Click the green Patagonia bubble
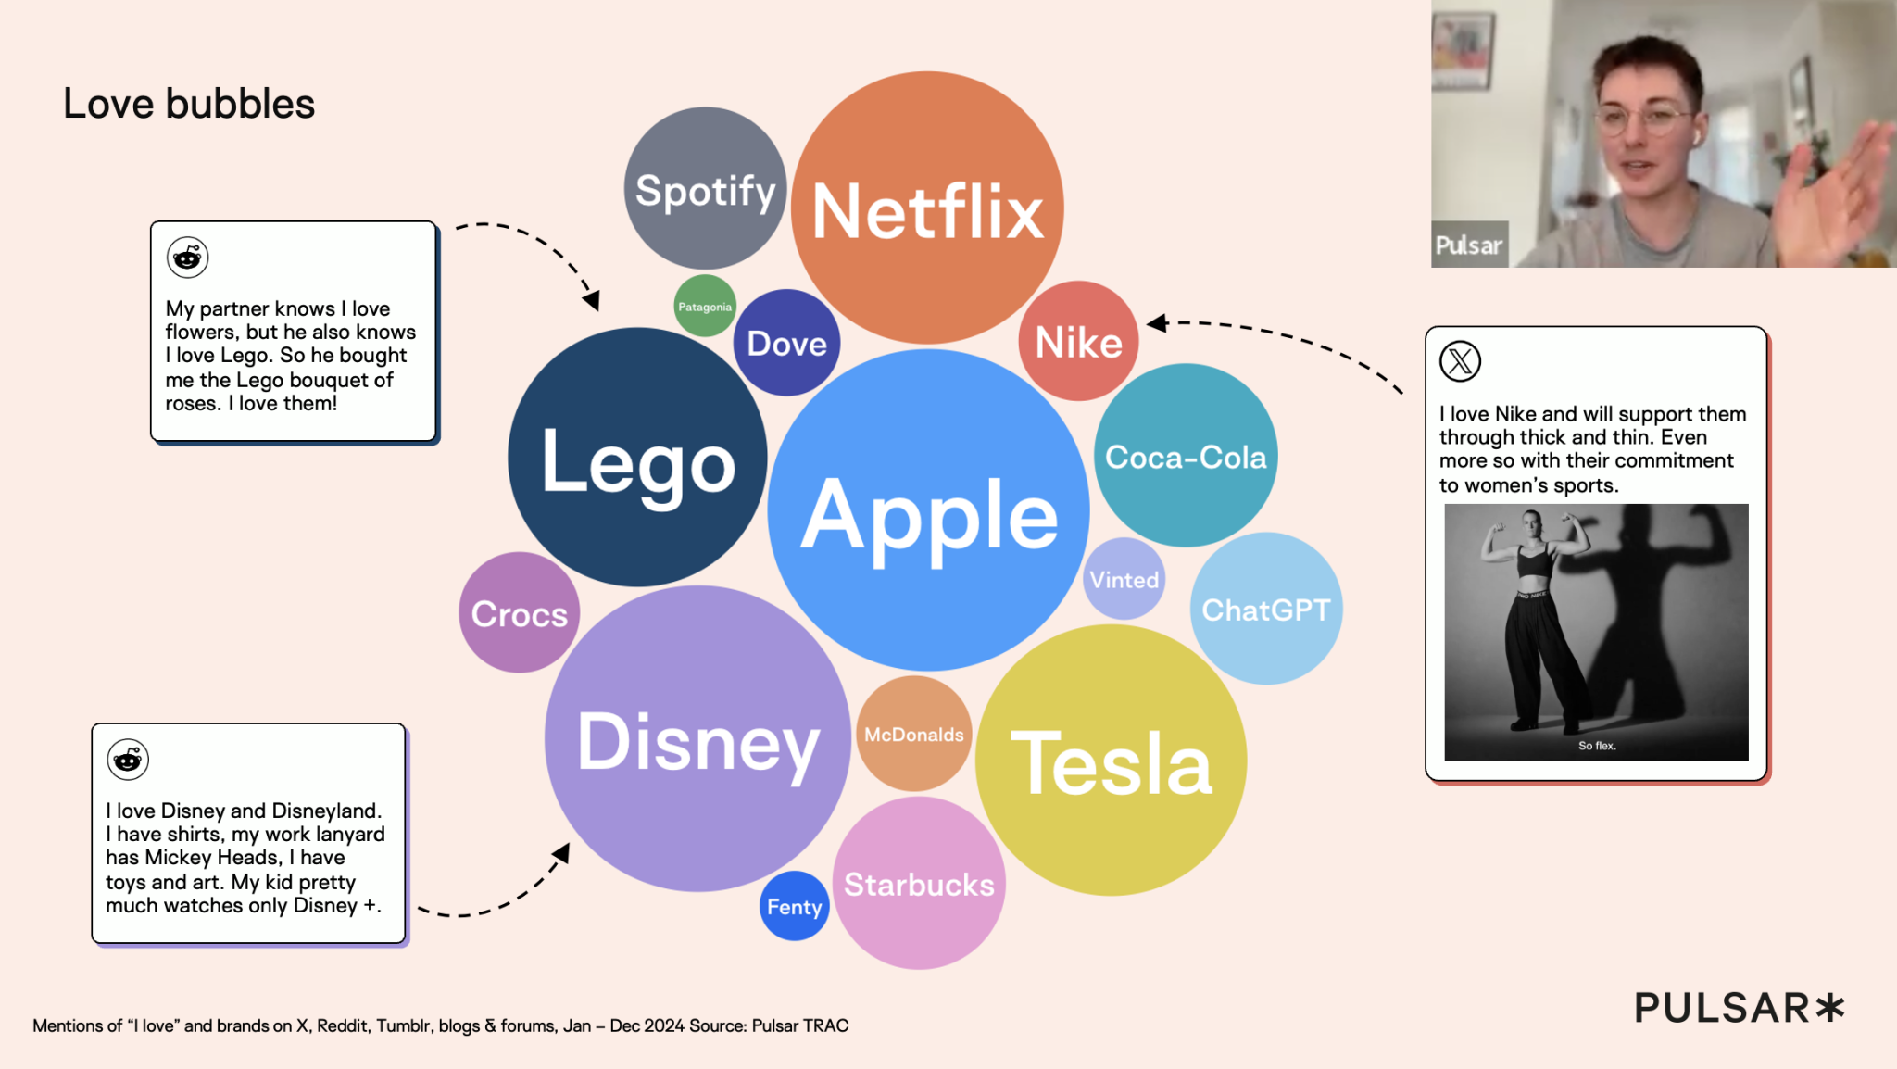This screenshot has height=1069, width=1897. [705, 306]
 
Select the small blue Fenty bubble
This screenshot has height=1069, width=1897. [795, 906]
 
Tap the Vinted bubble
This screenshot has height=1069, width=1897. [1124, 579]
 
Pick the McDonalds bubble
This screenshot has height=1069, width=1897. [914, 734]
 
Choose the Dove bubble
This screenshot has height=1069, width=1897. [786, 343]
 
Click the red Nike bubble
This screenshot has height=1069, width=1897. [1078, 341]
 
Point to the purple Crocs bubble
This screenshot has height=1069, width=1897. [520, 612]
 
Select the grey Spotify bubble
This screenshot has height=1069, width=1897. [706, 188]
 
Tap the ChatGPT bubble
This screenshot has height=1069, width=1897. [1266, 609]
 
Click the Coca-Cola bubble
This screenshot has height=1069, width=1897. [1186, 455]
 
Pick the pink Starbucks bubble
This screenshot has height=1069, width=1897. [919, 884]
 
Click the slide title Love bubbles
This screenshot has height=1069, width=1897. [189, 104]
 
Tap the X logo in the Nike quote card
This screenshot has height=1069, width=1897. [1461, 361]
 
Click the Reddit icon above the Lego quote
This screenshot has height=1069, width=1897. [187, 258]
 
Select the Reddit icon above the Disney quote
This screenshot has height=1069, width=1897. [128, 760]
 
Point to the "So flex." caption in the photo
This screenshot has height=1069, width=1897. [1597, 746]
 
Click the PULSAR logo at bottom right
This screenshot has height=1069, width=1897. [1740, 1008]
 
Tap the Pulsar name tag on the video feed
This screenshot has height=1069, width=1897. [1469, 245]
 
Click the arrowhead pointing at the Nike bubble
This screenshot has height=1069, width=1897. [1157, 322]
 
